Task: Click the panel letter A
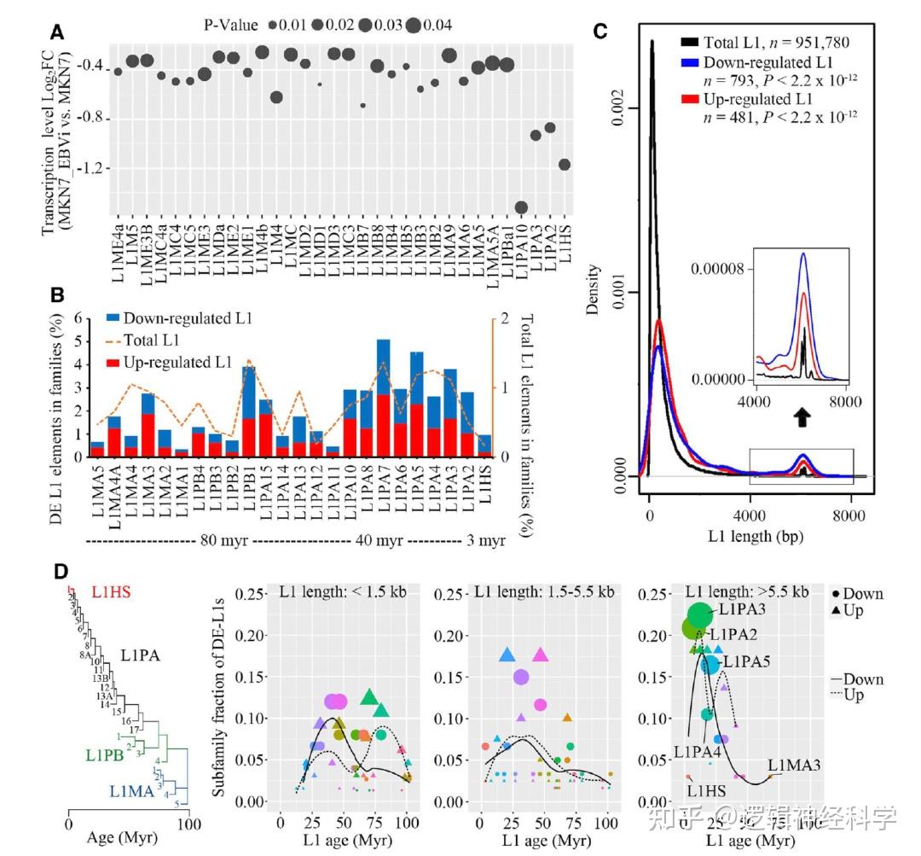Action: [56, 33]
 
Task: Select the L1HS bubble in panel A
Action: [564, 165]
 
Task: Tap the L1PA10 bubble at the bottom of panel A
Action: [521, 207]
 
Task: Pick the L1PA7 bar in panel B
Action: [383, 398]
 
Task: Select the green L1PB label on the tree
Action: [107, 754]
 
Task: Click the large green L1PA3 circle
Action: [700, 614]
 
